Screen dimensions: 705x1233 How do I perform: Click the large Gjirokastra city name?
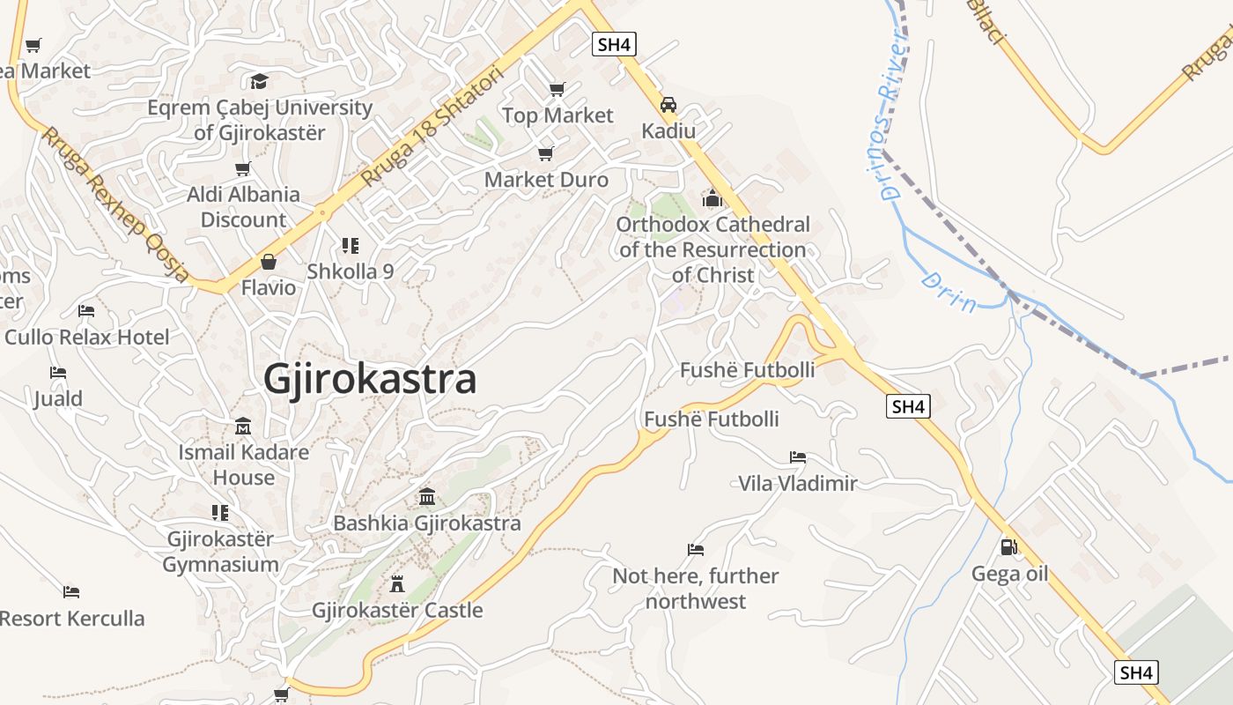pyautogui.click(x=370, y=380)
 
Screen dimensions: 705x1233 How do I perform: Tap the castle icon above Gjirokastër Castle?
pyautogui.click(x=396, y=583)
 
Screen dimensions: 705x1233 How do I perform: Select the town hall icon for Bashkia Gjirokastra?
pyautogui.click(x=427, y=497)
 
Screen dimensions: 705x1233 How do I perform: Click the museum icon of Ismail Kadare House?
pyautogui.click(x=243, y=427)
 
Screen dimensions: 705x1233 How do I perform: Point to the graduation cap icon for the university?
pyautogui.click(x=259, y=82)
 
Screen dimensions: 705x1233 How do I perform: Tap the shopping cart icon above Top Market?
pyautogui.click(x=557, y=89)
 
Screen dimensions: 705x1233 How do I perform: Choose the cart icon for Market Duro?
pyautogui.click(x=546, y=154)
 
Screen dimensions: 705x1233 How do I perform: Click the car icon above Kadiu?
pyautogui.click(x=668, y=105)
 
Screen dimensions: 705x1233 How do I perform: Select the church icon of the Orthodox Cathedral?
pyautogui.click(x=712, y=198)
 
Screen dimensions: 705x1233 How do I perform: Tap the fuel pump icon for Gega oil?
pyautogui.click(x=1009, y=547)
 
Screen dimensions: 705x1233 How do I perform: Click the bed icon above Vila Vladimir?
pyautogui.click(x=798, y=457)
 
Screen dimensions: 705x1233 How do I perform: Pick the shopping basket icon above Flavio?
pyautogui.click(x=269, y=262)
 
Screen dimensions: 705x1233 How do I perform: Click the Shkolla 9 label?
pyautogui.click(x=351, y=271)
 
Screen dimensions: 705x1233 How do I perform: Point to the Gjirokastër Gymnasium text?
pyautogui.click(x=220, y=552)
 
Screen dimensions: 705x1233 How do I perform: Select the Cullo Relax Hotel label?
pyautogui.click(x=87, y=337)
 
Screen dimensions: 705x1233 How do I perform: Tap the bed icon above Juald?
pyautogui.click(x=58, y=373)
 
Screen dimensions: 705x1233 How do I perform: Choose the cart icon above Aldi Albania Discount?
pyautogui.click(x=243, y=168)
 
